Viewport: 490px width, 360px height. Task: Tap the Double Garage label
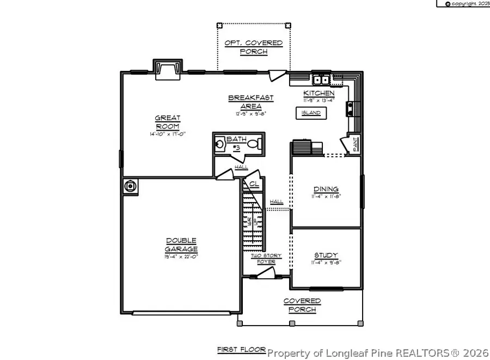[x=181, y=245]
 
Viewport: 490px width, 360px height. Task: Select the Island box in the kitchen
[x=311, y=113]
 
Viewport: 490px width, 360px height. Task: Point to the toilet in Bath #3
[x=255, y=145]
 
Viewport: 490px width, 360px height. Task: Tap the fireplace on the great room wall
[x=167, y=69]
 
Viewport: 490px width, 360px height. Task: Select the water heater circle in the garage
[x=131, y=186]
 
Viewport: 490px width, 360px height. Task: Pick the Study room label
[x=326, y=255]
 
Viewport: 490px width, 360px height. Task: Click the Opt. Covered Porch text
[x=254, y=47]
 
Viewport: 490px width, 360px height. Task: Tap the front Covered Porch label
[x=302, y=305]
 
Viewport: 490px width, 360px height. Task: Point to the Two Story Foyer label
[x=263, y=259]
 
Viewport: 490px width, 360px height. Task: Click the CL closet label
[x=254, y=184]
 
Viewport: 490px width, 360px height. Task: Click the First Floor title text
[x=241, y=349]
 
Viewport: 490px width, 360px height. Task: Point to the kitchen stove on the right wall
[x=350, y=109]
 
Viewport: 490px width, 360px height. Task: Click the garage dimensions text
[x=181, y=257]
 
